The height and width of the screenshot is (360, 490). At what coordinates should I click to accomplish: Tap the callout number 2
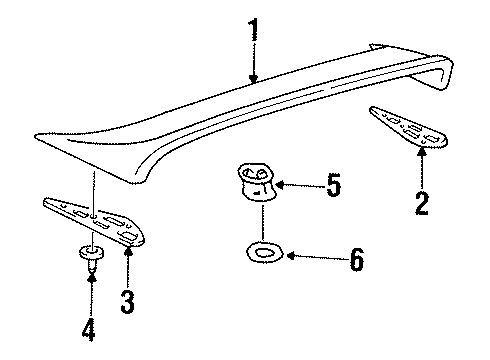coord(422,203)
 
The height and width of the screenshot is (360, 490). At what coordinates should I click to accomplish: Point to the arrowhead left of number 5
coord(281,184)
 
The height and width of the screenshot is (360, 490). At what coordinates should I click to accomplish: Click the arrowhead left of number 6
coord(288,257)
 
